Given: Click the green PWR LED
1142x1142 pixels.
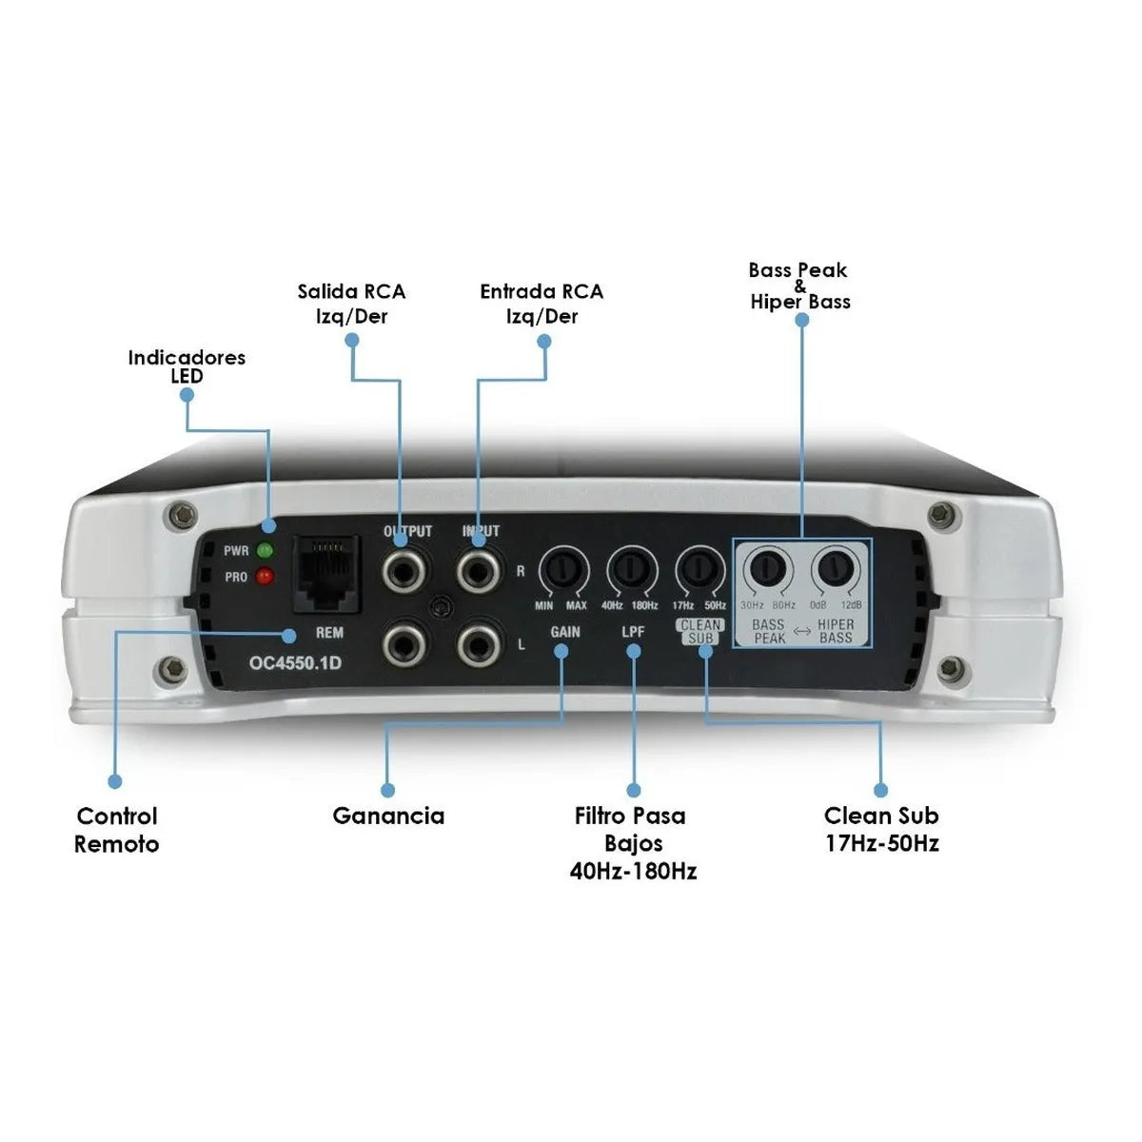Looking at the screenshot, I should click(x=266, y=550).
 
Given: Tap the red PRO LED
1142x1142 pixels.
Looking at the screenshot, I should click(x=266, y=577).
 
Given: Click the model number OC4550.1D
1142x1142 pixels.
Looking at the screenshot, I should click(x=295, y=662).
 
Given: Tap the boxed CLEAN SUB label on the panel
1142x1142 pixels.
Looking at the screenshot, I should click(x=700, y=632).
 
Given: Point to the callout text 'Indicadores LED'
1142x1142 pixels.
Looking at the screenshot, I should click(x=187, y=366).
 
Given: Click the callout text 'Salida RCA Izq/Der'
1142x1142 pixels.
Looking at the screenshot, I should click(x=351, y=304).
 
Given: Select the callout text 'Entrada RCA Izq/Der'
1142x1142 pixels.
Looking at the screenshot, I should click(x=541, y=304).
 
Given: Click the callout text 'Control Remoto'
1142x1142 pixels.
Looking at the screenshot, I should click(x=117, y=830).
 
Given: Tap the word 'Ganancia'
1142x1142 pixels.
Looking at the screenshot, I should click(x=388, y=817).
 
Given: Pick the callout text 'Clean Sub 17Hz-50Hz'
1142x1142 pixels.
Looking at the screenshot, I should click(x=881, y=829).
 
